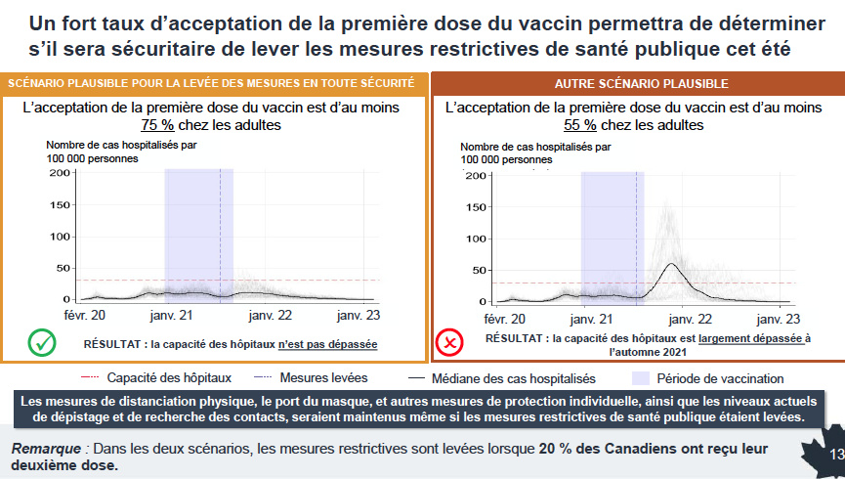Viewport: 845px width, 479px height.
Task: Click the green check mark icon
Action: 41,343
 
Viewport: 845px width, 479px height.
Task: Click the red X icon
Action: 447,343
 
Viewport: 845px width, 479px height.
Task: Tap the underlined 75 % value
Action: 157,124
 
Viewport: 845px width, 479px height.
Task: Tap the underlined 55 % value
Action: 580,124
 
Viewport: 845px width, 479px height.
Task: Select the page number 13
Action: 835,456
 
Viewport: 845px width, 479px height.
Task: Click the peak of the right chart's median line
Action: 672,264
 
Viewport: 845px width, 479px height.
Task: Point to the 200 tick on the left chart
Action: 59,173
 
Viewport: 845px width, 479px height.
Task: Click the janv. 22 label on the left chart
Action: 270,316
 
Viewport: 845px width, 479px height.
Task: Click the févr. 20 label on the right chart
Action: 503,319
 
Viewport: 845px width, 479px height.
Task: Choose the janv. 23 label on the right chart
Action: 778,319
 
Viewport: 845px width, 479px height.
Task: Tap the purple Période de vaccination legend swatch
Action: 641,378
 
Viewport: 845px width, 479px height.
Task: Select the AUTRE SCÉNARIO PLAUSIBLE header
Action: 641,83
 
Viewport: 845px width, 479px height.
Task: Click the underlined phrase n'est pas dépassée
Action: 327,344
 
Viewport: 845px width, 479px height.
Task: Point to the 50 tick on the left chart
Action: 62,267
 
